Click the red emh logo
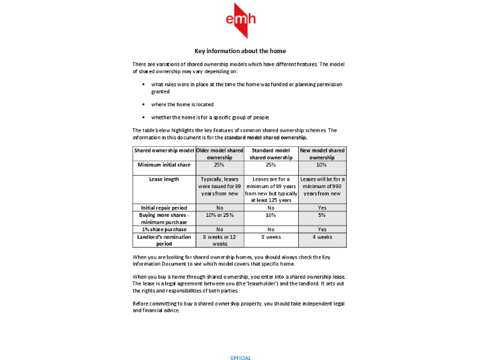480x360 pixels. click(x=240, y=21)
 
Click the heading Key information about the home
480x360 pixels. click(x=240, y=51)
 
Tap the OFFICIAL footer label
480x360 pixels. click(x=240, y=358)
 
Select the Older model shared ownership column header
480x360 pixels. click(x=219, y=154)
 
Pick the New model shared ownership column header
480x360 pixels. click(x=322, y=154)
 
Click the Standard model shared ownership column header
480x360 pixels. click(x=271, y=154)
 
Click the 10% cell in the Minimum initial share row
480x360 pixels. click(x=322, y=164)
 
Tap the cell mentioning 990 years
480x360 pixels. click(x=322, y=186)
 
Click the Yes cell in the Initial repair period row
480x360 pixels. click(x=322, y=207)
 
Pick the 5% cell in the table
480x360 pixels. click(x=322, y=215)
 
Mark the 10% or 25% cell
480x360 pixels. click(x=219, y=215)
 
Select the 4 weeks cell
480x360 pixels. click(x=322, y=237)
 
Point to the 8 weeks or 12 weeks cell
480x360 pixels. click(x=219, y=241)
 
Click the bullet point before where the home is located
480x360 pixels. click(x=144, y=104)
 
